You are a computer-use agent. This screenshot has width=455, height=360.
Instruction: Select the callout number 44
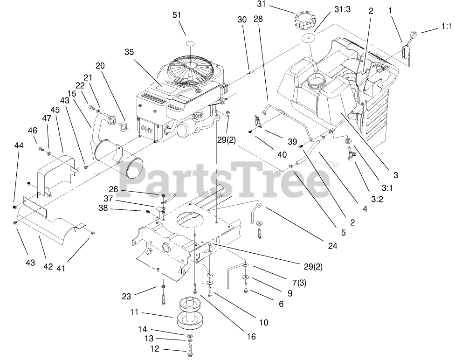[19, 146]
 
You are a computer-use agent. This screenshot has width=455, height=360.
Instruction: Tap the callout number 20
[100, 66]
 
